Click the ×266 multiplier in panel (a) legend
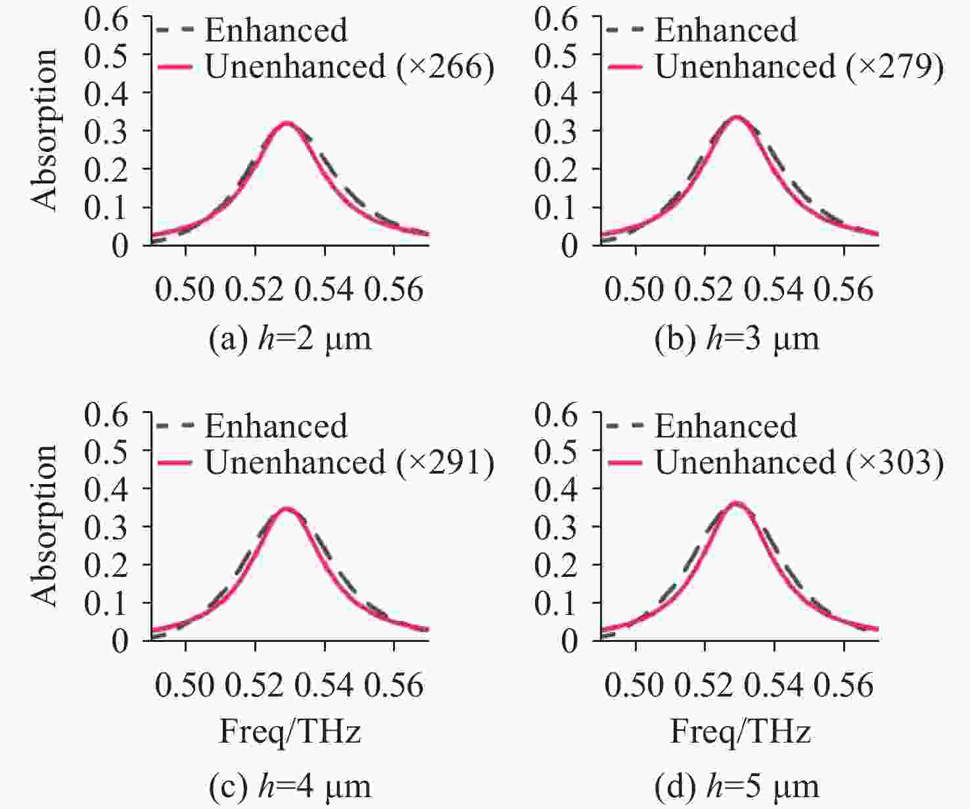tap(446, 67)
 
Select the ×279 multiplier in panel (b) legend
tap(895, 67)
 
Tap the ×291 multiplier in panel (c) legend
tap(446, 463)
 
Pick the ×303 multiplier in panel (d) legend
tap(895, 463)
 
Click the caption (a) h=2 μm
tap(290, 339)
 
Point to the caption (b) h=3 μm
tap(737, 339)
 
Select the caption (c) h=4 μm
tap(290, 786)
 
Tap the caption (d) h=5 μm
tap(737, 786)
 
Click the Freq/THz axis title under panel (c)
tap(290, 732)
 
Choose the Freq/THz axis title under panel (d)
tap(740, 732)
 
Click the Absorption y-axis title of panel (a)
tap(45, 130)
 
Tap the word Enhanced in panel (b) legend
tap(726, 30)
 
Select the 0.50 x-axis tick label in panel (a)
tap(185, 289)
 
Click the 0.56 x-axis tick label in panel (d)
tap(844, 685)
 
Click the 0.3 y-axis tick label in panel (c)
tap(106, 527)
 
